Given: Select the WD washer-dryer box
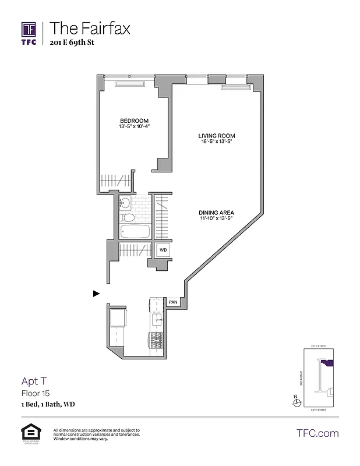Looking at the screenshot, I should (163, 250).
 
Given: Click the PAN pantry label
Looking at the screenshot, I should (173, 302).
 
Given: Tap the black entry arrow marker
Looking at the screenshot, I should (96, 294).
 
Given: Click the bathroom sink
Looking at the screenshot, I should (125, 203).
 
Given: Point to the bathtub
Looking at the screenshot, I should (135, 232).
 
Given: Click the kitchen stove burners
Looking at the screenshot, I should (156, 340).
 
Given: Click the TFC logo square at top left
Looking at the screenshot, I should (29, 30).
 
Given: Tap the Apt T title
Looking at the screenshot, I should (34, 382).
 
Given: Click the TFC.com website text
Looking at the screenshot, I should (317, 433).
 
